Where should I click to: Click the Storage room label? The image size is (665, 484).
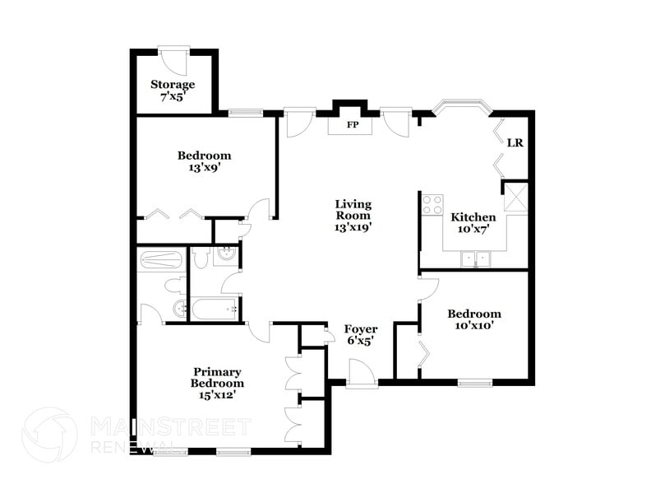coord(173,84)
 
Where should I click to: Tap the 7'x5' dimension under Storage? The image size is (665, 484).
coord(173,95)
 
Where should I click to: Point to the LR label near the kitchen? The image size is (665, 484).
coord(515,142)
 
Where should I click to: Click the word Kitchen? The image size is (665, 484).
coord(473,217)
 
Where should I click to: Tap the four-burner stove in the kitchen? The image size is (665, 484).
coord(432,204)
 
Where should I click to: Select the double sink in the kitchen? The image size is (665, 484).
coord(475,260)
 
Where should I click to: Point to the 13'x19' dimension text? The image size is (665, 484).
coord(353,228)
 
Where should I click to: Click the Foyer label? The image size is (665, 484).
coord(360,328)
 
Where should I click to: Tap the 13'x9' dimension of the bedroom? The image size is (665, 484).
coord(204,167)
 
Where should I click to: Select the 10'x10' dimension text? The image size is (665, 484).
coord(473,325)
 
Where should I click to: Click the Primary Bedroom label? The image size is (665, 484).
coord(217,378)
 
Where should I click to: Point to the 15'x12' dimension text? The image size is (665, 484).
coord(217,395)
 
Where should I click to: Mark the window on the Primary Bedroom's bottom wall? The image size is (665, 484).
coord(233,451)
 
